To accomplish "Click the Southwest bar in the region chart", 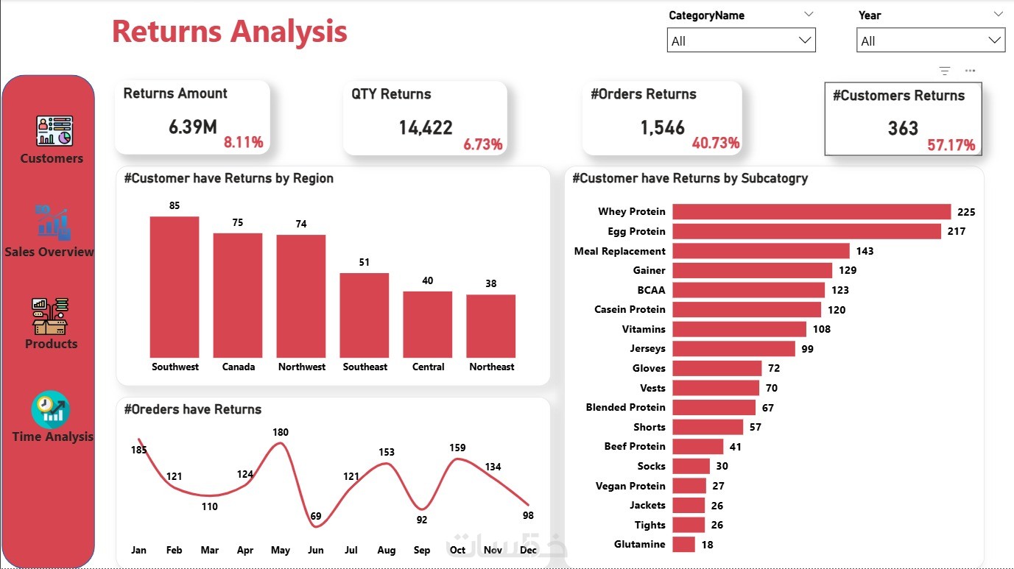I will [x=175, y=286].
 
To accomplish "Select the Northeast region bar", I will [x=491, y=326].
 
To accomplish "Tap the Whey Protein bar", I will [x=811, y=212].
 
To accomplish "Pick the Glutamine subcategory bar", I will [x=683, y=545].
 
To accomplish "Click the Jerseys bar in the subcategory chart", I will [x=733, y=349].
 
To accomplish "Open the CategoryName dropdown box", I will [x=741, y=41].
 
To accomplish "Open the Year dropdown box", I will [x=931, y=41].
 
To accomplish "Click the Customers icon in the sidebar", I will [x=54, y=130].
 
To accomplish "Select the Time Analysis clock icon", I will [x=51, y=409].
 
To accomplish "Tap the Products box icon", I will [x=50, y=316].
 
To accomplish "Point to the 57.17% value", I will [x=951, y=145].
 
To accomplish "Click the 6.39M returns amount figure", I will [x=192, y=127].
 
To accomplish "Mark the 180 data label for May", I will [x=281, y=432].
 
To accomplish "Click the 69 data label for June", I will [x=316, y=516].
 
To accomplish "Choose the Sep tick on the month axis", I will [x=422, y=550].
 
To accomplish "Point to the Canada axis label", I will [x=239, y=367].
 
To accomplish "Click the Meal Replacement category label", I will [x=619, y=251].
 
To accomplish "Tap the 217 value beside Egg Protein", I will [x=956, y=231].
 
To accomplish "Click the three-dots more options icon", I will [x=970, y=71].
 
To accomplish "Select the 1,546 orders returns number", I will [x=662, y=128].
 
